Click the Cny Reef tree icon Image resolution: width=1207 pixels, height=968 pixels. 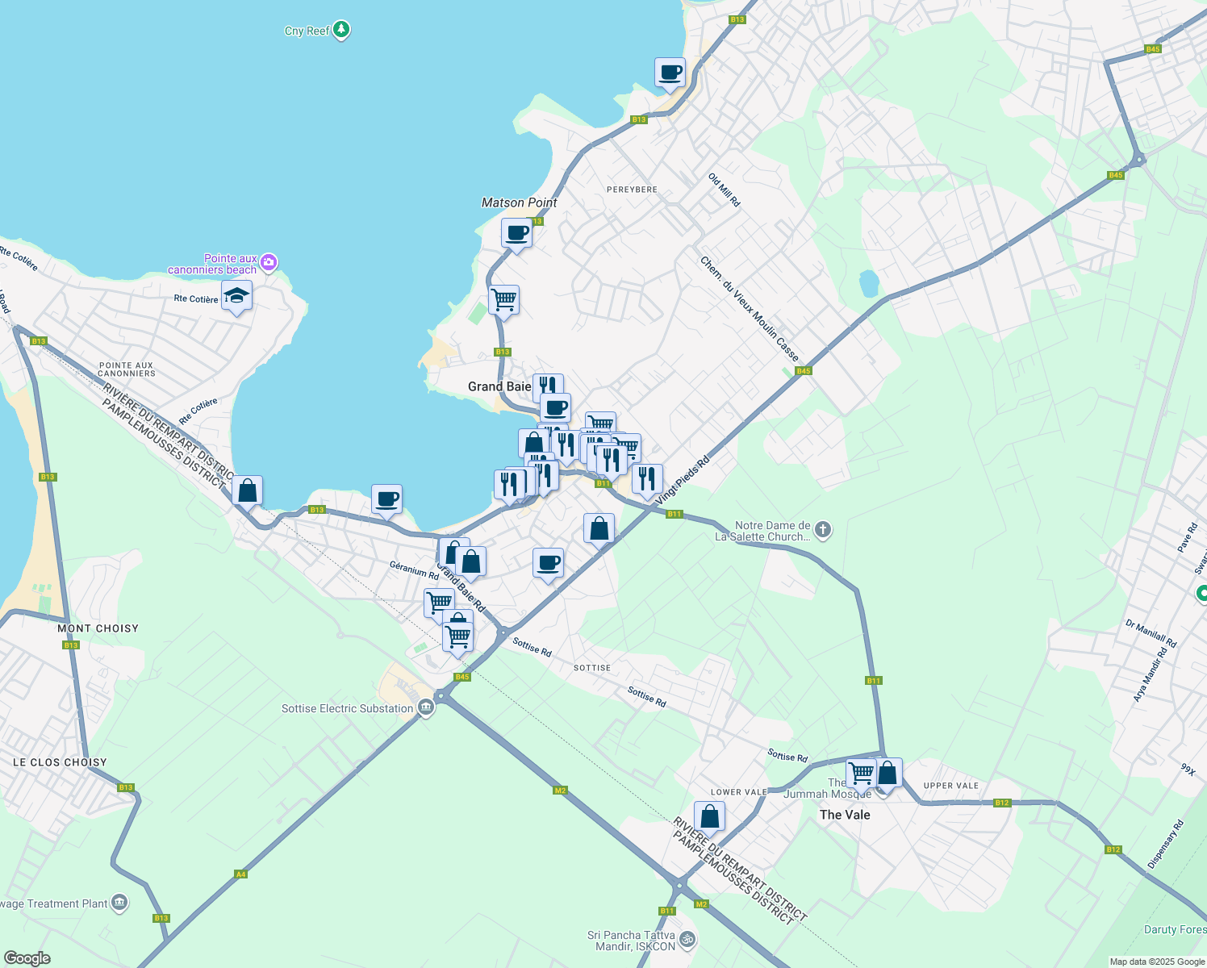341,30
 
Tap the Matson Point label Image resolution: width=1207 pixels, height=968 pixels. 519,202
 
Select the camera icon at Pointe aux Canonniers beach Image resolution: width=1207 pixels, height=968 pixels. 269,262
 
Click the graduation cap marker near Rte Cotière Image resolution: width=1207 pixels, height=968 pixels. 236,297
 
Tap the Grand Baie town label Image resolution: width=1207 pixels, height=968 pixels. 499,386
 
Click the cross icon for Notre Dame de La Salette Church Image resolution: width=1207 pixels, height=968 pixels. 823,530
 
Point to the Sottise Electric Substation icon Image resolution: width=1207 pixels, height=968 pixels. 426,708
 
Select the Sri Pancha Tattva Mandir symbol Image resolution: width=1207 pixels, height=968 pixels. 687,939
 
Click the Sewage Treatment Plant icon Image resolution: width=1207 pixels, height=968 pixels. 119,902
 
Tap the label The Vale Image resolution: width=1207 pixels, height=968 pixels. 845,815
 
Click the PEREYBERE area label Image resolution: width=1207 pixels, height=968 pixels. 632,190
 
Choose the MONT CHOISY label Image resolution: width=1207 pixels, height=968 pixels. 98,628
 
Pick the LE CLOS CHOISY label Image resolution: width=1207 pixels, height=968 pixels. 60,762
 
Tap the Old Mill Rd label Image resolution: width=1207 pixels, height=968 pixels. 724,190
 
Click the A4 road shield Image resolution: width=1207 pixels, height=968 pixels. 240,874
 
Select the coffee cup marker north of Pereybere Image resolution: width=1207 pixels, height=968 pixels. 670,73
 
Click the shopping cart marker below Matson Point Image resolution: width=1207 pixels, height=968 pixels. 503,300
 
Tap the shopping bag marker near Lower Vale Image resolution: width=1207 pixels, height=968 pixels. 709,817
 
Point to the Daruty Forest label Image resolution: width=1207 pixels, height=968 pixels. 1175,929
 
